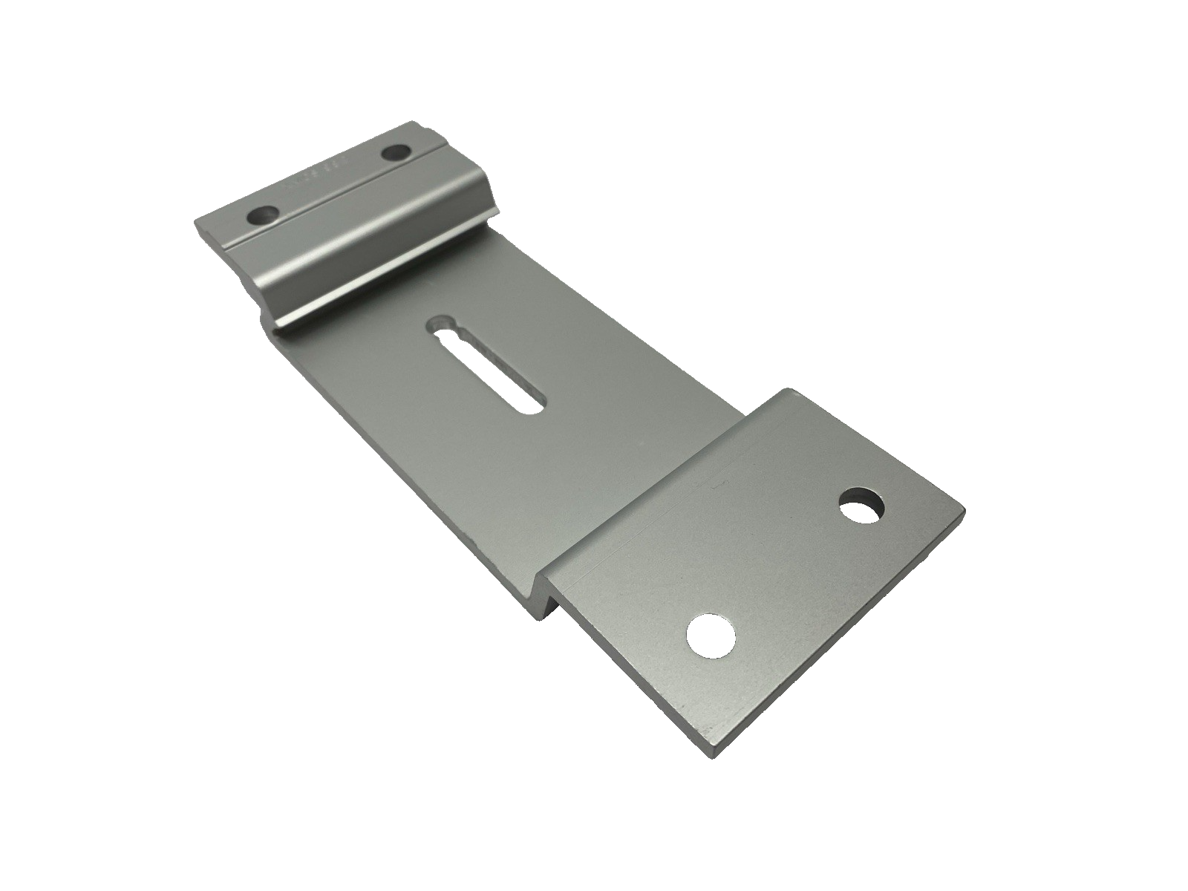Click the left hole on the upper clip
[264, 217]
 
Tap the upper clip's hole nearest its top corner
[397, 154]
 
